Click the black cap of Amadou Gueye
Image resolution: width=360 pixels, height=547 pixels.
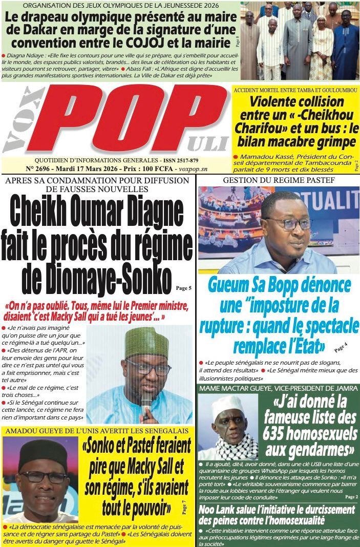(x=44, y=453)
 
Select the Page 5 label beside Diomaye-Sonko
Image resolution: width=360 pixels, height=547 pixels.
(x=184, y=288)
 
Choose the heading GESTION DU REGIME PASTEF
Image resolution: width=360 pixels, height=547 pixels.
(x=279, y=180)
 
